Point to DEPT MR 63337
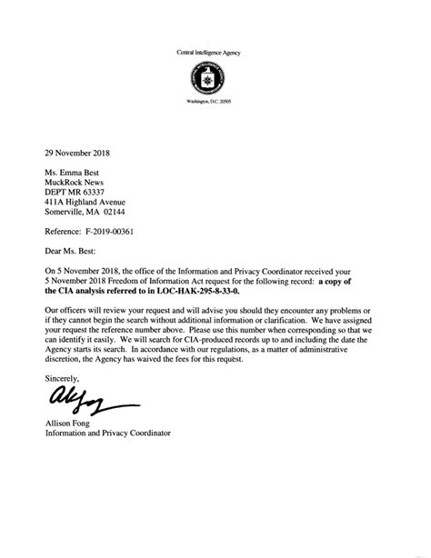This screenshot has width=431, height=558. (78, 192)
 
